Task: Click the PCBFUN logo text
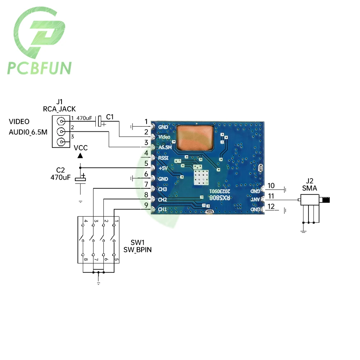tap(39, 68)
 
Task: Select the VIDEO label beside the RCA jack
tap(19, 122)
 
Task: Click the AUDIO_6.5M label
tap(27, 132)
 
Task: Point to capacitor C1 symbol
tap(100, 121)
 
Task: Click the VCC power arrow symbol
tap(80, 155)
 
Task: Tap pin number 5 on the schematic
tap(146, 163)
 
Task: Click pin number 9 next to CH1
tap(146, 206)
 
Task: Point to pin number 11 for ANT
tap(271, 196)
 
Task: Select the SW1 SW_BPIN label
tap(137, 247)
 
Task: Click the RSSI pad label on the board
tap(163, 157)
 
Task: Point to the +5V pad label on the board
tap(163, 168)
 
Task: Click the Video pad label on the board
tap(164, 137)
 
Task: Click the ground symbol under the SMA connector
tap(303, 230)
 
